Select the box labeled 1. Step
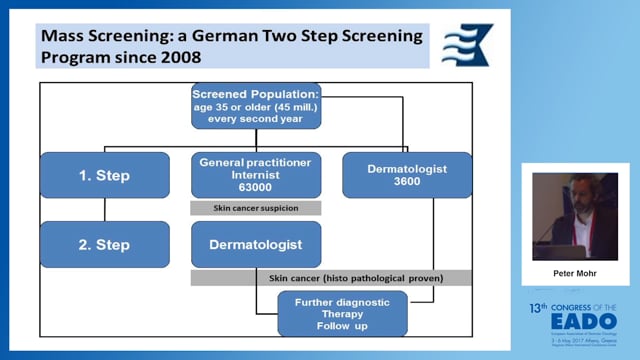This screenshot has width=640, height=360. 105,175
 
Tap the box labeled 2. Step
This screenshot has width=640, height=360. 105,243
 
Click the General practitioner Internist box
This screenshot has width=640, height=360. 255,174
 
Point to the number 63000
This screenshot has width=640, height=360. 255,186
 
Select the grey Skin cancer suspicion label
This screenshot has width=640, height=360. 255,208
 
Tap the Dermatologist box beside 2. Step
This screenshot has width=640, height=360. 255,243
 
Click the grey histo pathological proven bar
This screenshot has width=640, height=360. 330,277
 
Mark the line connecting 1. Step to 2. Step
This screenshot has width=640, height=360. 105,209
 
